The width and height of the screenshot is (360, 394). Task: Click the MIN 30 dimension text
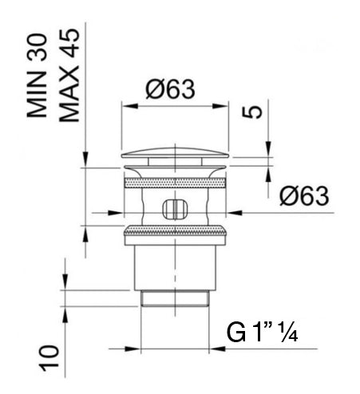[x=37, y=76]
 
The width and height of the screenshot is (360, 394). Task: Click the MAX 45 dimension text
[x=69, y=75]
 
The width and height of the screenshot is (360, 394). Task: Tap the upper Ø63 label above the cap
[x=170, y=89]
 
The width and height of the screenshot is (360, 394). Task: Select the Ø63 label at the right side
[x=304, y=196]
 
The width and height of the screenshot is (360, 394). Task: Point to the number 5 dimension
[x=252, y=112]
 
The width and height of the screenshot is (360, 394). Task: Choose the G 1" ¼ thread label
[x=262, y=332]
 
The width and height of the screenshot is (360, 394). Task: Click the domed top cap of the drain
[x=175, y=153]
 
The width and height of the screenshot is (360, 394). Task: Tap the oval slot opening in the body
[x=175, y=209]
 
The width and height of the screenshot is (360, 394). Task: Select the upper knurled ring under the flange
[x=175, y=183]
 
